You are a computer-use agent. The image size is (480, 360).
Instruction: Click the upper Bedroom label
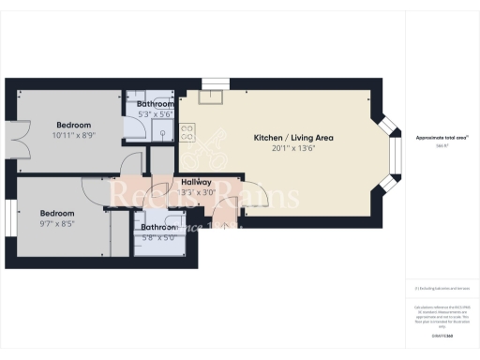click(x=73, y=125)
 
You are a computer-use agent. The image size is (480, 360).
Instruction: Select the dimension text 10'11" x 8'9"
click(x=73, y=135)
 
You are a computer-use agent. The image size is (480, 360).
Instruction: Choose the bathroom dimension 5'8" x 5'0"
click(x=157, y=237)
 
